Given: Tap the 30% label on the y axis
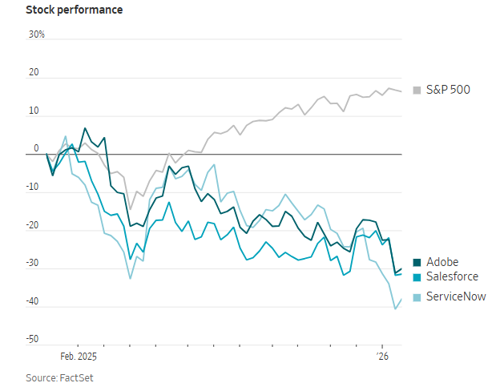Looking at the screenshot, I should click(36, 34).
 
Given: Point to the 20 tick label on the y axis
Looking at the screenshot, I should click(34, 73).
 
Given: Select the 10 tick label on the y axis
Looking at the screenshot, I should click(34, 111).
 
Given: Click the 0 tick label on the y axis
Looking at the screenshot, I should click(35, 149).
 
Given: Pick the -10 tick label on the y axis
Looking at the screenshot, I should click(33, 187).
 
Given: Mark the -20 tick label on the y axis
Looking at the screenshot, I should click(33, 225).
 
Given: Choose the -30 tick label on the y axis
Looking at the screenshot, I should click(33, 264).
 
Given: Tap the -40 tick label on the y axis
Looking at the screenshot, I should click(33, 301).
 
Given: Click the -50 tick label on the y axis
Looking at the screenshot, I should click(33, 340).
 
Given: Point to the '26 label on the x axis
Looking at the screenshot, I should click(383, 356).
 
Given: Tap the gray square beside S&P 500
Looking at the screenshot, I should click(417, 90).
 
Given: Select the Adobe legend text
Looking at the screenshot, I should click(442, 262).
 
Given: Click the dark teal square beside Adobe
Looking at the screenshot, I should click(417, 263).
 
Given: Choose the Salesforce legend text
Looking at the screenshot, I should click(453, 276).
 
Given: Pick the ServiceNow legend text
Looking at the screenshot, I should click(456, 296).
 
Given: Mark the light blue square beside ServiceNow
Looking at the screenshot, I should click(417, 297).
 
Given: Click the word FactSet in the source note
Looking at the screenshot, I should click(65, 377).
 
